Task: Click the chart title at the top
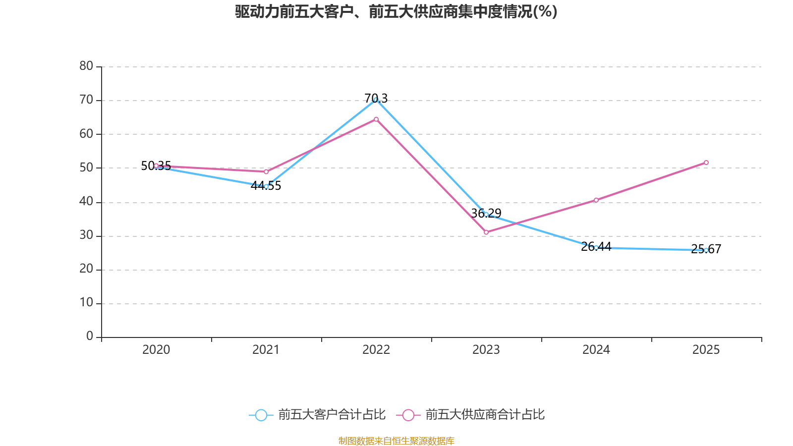click(x=396, y=12)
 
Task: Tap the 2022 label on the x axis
click(x=376, y=350)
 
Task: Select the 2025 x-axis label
click(x=706, y=350)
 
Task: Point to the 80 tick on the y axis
click(x=86, y=66)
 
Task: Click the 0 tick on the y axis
click(x=90, y=336)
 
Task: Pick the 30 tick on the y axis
click(x=86, y=235)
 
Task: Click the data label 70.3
click(x=376, y=98)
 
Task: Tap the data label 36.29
click(x=486, y=213)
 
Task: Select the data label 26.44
click(x=596, y=246)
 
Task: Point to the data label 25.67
click(x=706, y=249)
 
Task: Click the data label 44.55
click(x=266, y=185)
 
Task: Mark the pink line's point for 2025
click(x=706, y=163)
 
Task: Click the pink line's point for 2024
click(x=596, y=200)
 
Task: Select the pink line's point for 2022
click(x=376, y=119)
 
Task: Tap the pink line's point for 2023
click(x=486, y=232)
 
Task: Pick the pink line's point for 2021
click(x=266, y=172)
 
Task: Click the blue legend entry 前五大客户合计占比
click(x=317, y=414)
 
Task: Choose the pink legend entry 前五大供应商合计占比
click(x=470, y=414)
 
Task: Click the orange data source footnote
click(x=396, y=441)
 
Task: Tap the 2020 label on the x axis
click(x=156, y=350)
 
